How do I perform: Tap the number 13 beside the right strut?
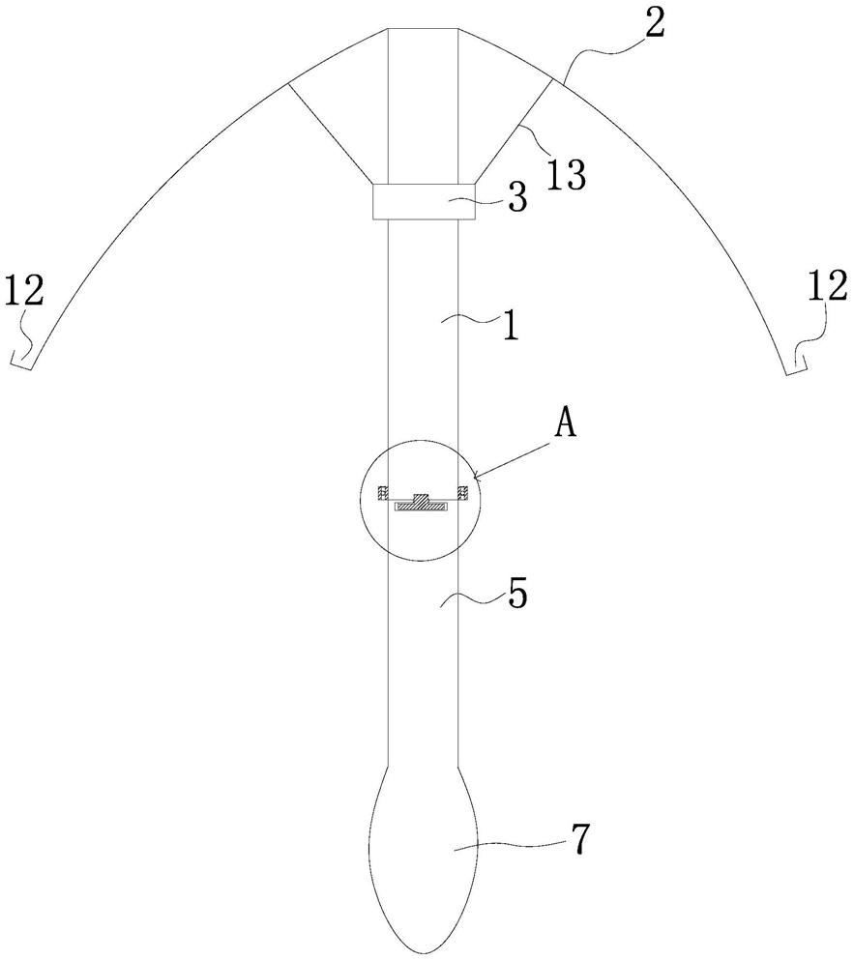tap(566, 174)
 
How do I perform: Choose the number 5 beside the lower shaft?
tap(517, 593)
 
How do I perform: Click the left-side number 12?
tap(24, 291)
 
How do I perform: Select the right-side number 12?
tap(827, 286)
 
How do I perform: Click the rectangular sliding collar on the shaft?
tap(424, 201)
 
